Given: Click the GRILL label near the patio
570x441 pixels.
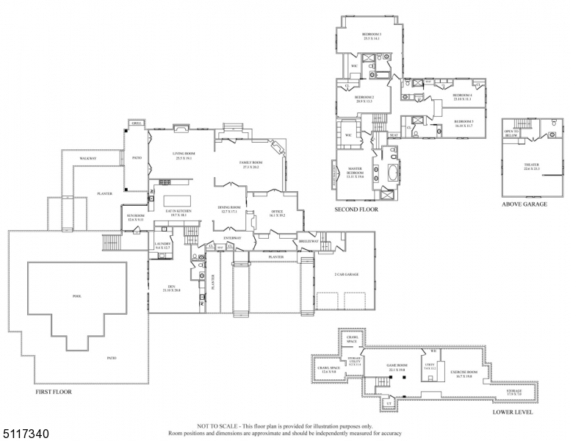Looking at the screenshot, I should pos(136,123).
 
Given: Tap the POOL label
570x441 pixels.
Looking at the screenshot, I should pos(76,296).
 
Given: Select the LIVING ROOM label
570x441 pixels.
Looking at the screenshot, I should pos(173,155).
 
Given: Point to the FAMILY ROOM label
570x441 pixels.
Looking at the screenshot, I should pos(250,165).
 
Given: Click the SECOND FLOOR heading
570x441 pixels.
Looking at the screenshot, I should pos(356,209).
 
